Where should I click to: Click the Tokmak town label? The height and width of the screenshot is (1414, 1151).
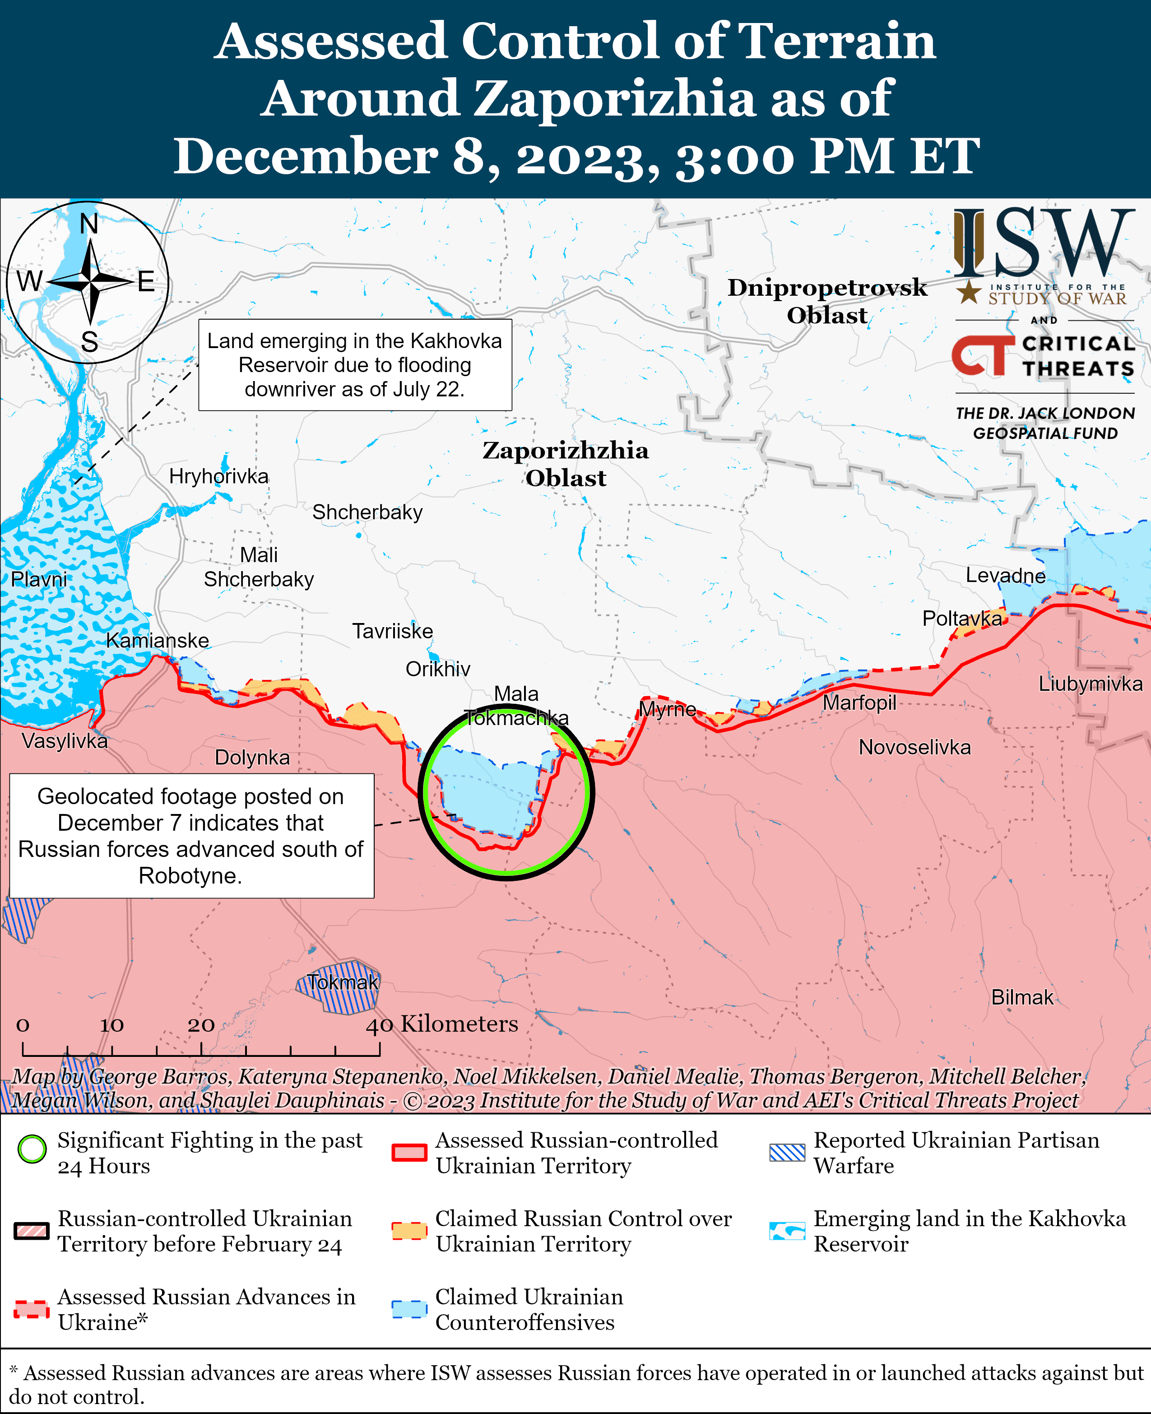tap(343, 982)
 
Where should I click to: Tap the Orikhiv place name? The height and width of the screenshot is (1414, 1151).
tap(437, 669)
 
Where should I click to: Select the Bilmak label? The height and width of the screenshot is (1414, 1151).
tap(1022, 997)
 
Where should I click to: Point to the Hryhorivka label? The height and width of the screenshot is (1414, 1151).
tap(219, 476)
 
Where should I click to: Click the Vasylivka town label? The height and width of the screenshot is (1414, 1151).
tap(64, 741)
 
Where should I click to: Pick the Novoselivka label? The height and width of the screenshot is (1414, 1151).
tap(914, 748)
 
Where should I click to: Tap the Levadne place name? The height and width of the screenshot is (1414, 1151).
tap(1005, 576)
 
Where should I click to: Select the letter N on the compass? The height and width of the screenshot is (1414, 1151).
tap(89, 224)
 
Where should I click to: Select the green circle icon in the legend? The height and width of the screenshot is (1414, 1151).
tap(32, 1149)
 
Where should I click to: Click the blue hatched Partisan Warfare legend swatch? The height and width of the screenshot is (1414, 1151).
tap(787, 1153)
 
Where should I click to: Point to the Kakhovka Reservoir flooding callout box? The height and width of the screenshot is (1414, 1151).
tap(355, 365)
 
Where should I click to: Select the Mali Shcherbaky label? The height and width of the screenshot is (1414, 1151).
tap(259, 567)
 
